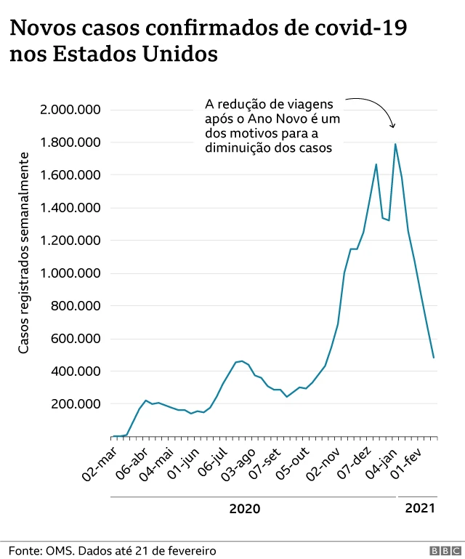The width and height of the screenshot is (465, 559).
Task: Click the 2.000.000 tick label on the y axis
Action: [x=70, y=110]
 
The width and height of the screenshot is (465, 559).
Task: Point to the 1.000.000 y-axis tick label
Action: [x=70, y=273]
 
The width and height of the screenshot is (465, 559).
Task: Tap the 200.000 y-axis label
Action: [x=76, y=404]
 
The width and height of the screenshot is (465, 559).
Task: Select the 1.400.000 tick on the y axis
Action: [x=70, y=208]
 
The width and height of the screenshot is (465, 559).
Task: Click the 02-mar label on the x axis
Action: [x=99, y=462]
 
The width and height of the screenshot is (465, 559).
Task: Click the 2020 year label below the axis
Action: [x=244, y=508]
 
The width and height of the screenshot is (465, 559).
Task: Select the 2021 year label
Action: [x=420, y=508]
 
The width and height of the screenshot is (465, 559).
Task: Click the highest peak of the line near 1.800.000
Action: [x=395, y=144]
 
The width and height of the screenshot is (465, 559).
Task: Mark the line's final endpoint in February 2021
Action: [x=434, y=358]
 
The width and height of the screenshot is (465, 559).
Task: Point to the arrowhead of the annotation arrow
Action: [x=393, y=126]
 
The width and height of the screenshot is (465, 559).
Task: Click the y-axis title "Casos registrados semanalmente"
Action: [x=24, y=254]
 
